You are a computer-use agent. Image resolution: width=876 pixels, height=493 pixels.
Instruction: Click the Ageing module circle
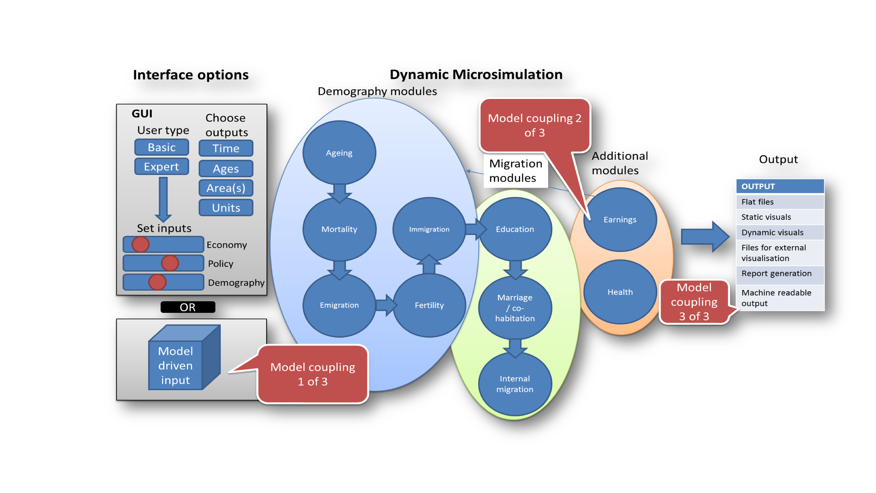339,153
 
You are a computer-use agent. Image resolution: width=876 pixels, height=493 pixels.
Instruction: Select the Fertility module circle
429,305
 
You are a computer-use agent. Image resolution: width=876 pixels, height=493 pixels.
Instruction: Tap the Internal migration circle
515,384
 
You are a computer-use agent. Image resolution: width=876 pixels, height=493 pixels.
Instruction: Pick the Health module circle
620,292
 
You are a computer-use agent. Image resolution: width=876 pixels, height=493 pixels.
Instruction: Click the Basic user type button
162,147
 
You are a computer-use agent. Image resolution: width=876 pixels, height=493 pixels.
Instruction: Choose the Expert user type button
162,166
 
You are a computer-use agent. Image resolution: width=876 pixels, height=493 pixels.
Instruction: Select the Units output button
226,208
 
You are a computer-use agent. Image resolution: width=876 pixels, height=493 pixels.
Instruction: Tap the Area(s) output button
226,188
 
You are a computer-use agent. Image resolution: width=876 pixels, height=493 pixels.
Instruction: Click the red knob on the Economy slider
141,244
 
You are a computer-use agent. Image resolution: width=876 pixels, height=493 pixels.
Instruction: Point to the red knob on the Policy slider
170,263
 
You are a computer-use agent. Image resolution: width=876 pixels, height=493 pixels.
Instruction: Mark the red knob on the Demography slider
157,282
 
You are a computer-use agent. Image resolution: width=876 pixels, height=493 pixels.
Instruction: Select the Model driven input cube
180,361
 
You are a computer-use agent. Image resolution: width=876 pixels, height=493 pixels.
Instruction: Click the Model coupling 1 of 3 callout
313,374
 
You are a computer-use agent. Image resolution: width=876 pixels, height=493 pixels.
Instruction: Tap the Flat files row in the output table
780,202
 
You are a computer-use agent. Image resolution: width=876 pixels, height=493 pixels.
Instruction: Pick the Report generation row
780,274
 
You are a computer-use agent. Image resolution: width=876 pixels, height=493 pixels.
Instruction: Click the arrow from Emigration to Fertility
386,305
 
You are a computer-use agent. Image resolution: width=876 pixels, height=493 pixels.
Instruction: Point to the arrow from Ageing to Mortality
339,192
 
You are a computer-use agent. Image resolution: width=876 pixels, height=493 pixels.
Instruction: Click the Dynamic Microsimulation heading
476,75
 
